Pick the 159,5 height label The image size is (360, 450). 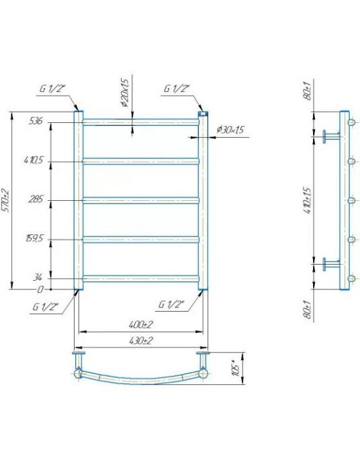coord(35,238)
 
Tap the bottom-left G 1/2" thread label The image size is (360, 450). coord(44,306)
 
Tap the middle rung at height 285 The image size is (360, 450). coord(140,199)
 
